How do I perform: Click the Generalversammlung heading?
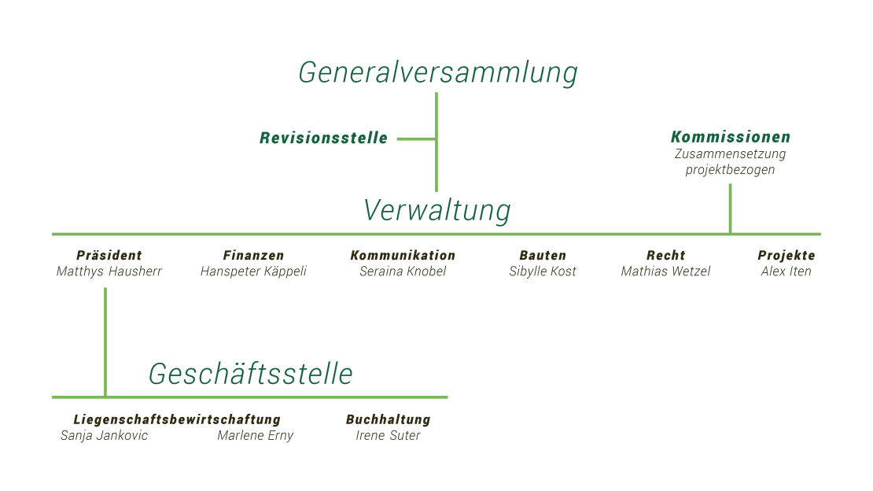pyautogui.click(x=437, y=73)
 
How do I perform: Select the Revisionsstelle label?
pyautogui.click(x=323, y=138)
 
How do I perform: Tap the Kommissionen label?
pyautogui.click(x=731, y=137)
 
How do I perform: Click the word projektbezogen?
pyautogui.click(x=730, y=169)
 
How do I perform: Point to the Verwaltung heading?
pyautogui.click(x=437, y=211)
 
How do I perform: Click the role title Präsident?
pyautogui.click(x=109, y=255)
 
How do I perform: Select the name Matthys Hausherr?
pyautogui.click(x=109, y=271)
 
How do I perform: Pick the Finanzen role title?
pyautogui.click(x=253, y=255)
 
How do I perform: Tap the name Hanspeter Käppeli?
pyautogui.click(x=253, y=271)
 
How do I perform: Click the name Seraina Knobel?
pyautogui.click(x=403, y=271)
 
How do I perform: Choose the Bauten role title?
pyautogui.click(x=543, y=255)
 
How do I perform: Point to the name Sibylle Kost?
pyautogui.click(x=543, y=271)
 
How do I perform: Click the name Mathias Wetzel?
pyautogui.click(x=666, y=271)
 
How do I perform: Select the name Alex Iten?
pyautogui.click(x=786, y=271)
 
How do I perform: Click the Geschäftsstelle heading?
pyautogui.click(x=251, y=374)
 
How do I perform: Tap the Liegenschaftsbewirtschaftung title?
pyautogui.click(x=177, y=419)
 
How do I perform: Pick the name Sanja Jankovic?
pyautogui.click(x=104, y=435)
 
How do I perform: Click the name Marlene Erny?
pyautogui.click(x=255, y=435)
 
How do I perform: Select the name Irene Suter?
pyautogui.click(x=388, y=435)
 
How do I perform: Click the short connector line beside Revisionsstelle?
pyautogui.click(x=417, y=138)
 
